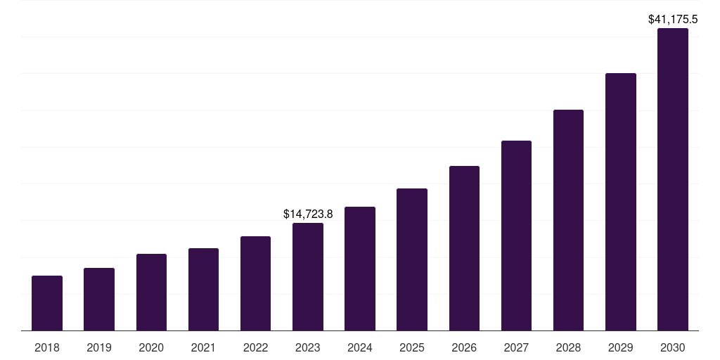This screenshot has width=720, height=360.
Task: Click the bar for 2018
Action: [47, 303]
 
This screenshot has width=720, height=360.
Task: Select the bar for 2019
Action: [99, 299]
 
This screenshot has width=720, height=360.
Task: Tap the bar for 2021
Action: [203, 289]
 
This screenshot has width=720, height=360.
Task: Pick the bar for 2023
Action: [308, 276]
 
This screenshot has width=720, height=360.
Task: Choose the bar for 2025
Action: [412, 259]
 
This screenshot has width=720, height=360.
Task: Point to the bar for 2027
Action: [516, 236]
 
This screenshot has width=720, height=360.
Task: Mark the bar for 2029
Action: [621, 202]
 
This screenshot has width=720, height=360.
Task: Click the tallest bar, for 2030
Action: [673, 179]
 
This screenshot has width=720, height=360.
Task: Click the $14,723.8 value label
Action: [308, 214]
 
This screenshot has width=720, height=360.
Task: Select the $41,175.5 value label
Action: [673, 20]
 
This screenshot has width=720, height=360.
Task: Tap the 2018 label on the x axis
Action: [47, 347]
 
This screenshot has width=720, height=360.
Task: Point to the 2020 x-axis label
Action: [151, 347]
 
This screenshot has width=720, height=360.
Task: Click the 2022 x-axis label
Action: [255, 347]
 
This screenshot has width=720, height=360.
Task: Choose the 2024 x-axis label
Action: [360, 347]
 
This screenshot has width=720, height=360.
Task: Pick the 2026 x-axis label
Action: [464, 347]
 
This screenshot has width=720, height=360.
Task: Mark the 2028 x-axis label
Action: [568, 347]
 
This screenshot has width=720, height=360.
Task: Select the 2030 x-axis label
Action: [673, 347]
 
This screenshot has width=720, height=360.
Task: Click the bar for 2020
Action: [151, 292]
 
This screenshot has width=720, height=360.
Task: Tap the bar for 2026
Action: [464, 248]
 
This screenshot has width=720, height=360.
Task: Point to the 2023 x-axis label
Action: [308, 347]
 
